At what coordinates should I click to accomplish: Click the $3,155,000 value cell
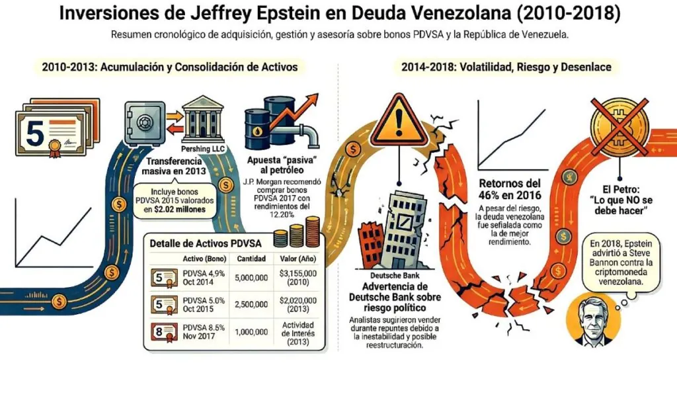point(299,276)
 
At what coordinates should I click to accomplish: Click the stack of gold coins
point(298,233)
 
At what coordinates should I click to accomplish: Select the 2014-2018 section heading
point(506,67)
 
